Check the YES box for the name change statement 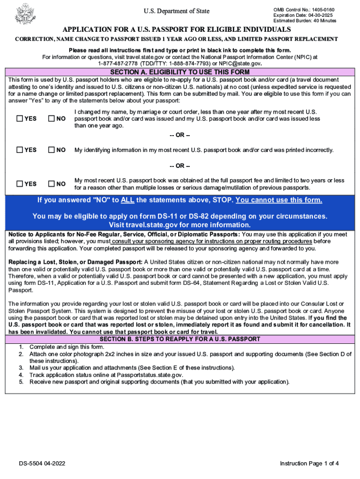point(20,119)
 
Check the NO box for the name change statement point(52,119)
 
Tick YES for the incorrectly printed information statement point(20,150)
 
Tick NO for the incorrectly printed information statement point(52,150)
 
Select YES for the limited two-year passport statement point(20,184)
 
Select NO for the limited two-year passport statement point(52,184)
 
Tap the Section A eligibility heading point(180,73)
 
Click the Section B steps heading point(180,339)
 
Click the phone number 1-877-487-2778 point(118,63)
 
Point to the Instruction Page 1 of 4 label point(309,464)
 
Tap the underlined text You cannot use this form point(279,201)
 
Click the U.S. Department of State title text point(176,11)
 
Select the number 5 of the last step point(21,382)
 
